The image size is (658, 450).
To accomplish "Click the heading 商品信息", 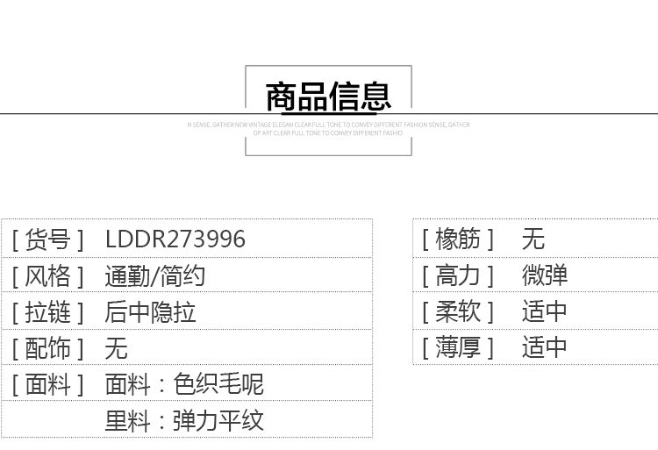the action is click(328, 96).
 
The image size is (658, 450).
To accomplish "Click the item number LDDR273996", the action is click(175, 239).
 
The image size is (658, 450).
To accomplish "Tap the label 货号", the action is click(47, 239).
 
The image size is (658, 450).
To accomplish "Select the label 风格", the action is click(47, 276).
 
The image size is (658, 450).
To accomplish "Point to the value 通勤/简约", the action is click(154, 276).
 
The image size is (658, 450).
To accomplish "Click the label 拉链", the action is click(47, 312).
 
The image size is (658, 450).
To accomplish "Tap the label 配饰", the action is click(47, 348).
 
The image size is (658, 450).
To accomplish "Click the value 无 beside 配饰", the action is click(116, 348).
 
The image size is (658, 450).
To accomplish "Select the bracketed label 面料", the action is click(47, 384).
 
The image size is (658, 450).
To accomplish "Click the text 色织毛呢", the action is click(218, 384).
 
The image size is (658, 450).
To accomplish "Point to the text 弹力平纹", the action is click(218, 420).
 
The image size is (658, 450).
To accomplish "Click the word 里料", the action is click(127, 420).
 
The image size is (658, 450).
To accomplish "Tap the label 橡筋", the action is click(458, 238).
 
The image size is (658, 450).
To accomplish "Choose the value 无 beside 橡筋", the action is click(533, 238).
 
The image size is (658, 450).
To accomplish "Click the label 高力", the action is click(458, 275).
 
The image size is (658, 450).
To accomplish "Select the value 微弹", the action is click(544, 275).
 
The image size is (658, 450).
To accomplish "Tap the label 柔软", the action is click(458, 311).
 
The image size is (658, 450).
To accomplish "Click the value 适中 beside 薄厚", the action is click(544, 347).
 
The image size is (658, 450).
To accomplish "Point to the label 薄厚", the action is click(458, 347).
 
